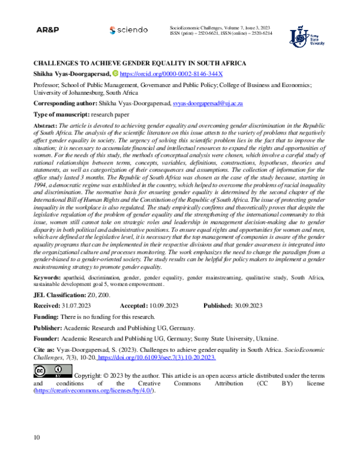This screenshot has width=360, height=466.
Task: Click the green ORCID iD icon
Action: [116, 73]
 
